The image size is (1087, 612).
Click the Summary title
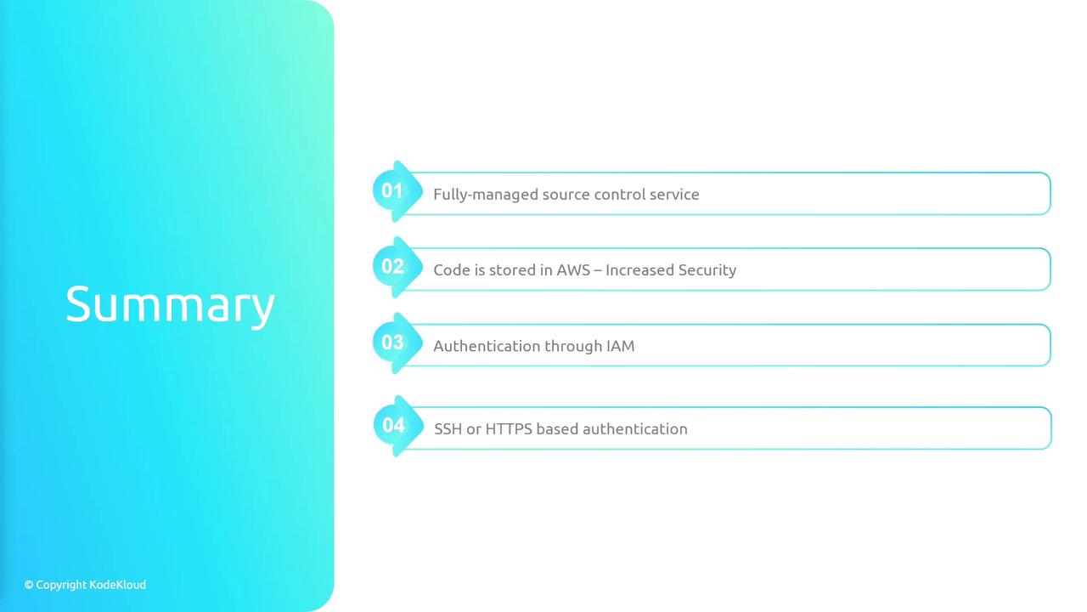pos(170,305)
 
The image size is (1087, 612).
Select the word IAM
pos(620,346)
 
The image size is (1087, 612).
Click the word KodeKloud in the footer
pos(117,584)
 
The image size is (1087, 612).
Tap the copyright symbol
pos(29,585)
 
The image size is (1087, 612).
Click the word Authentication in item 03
pos(487,346)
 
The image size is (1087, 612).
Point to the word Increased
pos(639,269)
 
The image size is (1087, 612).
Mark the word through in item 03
pos(573,346)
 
